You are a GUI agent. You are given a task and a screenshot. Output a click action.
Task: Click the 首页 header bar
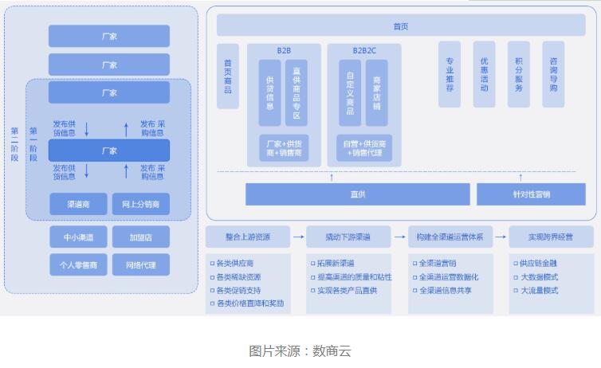click(400, 25)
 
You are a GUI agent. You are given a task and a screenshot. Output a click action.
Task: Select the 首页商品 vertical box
click(228, 76)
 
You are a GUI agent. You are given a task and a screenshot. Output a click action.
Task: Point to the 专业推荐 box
click(450, 74)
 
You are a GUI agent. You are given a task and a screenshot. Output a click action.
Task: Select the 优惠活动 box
click(484, 74)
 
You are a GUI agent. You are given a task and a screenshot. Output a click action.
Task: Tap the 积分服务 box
click(518, 74)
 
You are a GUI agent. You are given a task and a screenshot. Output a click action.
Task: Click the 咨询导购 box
click(553, 74)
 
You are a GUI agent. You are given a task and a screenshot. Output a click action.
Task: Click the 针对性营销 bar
click(531, 194)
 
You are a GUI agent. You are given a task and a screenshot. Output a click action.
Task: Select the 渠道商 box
click(78, 205)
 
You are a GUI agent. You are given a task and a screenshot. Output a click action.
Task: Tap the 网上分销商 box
click(140, 205)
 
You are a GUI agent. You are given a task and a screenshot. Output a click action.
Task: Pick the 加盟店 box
click(140, 237)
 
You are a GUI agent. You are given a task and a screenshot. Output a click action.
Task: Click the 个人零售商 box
click(78, 264)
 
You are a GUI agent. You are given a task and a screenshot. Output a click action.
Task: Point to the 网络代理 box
click(140, 264)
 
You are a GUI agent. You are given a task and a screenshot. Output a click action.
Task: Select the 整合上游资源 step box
click(247, 237)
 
